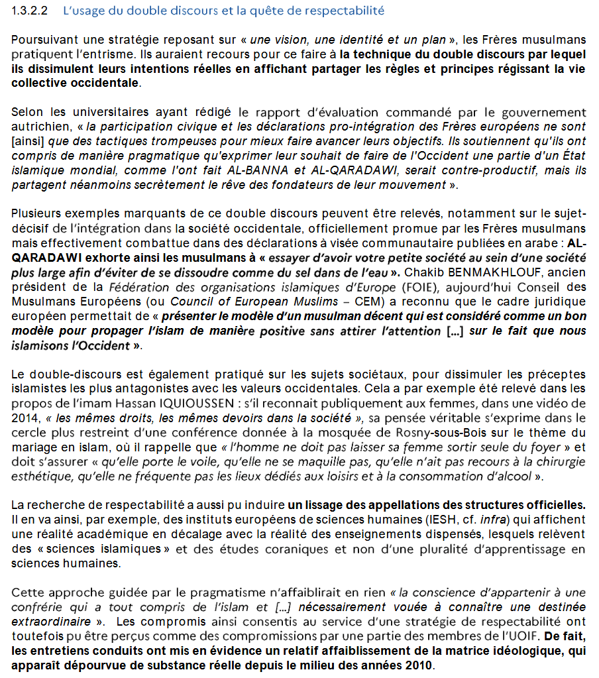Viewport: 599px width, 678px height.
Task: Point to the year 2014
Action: (x=24, y=418)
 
